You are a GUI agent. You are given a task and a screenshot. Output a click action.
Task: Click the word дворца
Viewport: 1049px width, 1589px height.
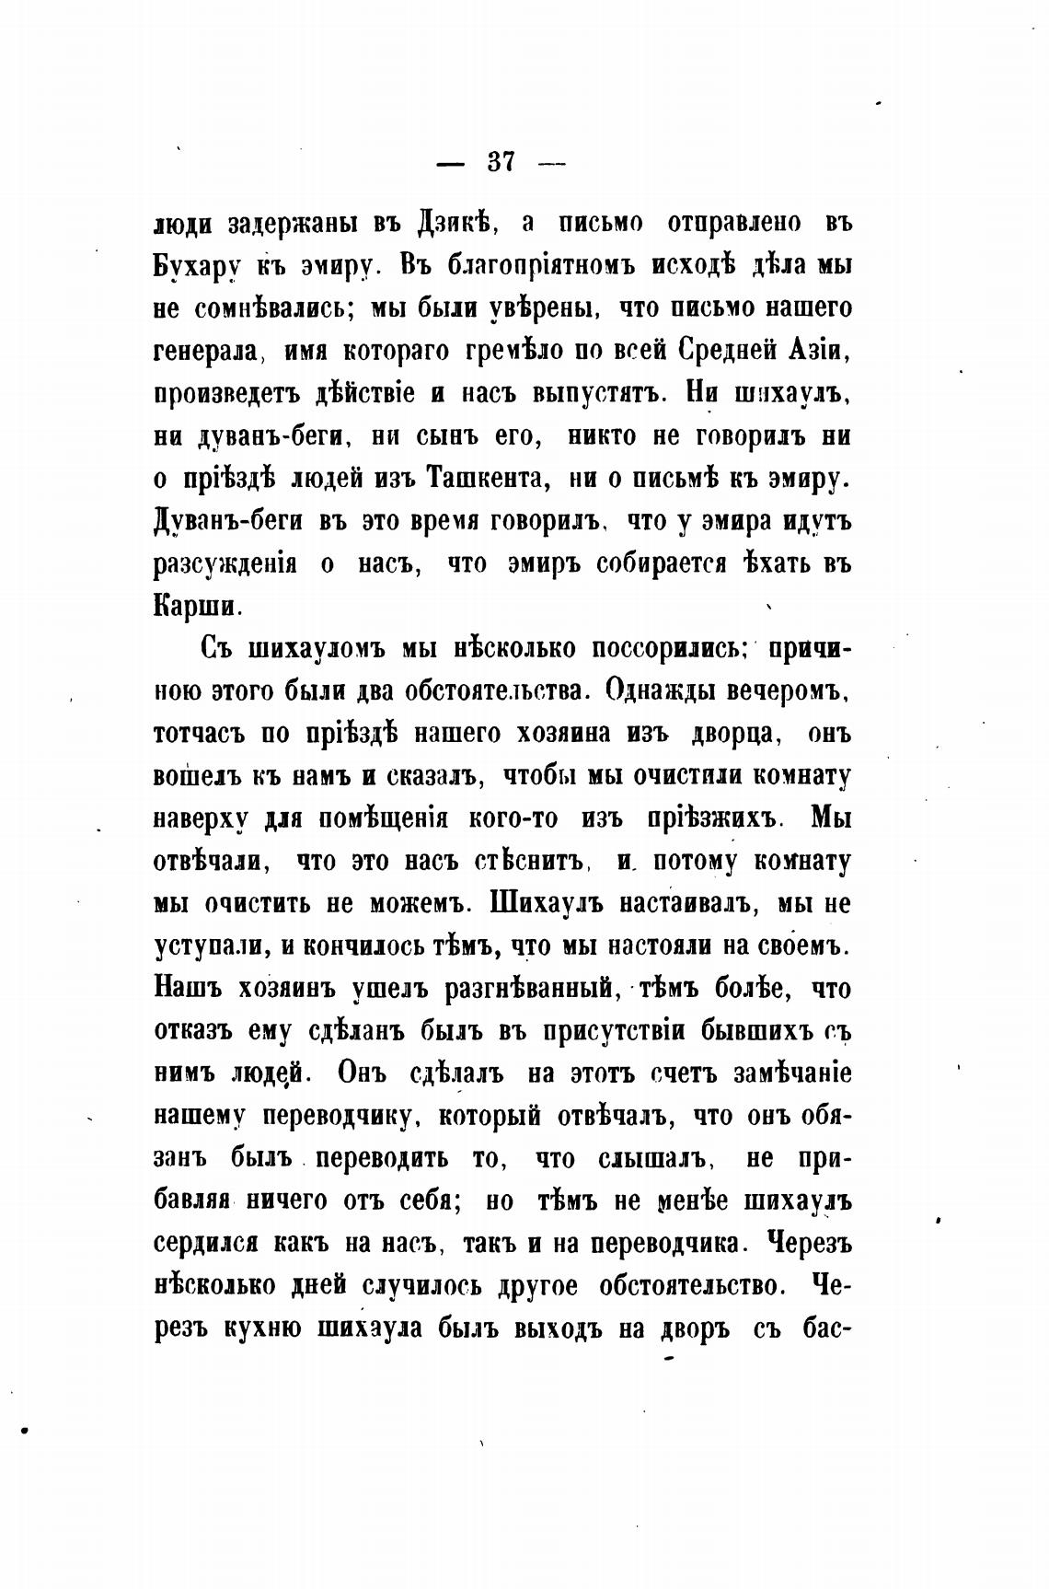[x=734, y=734]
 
